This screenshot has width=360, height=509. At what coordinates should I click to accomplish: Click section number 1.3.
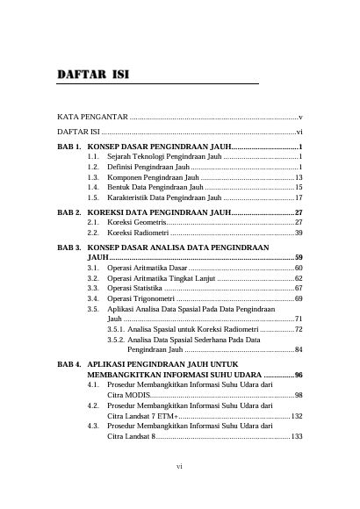point(94,176)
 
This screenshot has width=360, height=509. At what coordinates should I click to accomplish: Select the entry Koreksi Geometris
point(138,223)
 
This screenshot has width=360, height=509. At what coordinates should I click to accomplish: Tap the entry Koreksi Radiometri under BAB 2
point(138,233)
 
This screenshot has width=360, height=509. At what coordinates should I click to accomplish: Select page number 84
point(299,349)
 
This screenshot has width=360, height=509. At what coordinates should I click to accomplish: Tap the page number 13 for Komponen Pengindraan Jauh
point(299,176)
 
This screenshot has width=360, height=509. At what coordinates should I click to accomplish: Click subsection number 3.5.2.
point(116,339)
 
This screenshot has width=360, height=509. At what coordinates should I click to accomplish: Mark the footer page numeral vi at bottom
point(179,491)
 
